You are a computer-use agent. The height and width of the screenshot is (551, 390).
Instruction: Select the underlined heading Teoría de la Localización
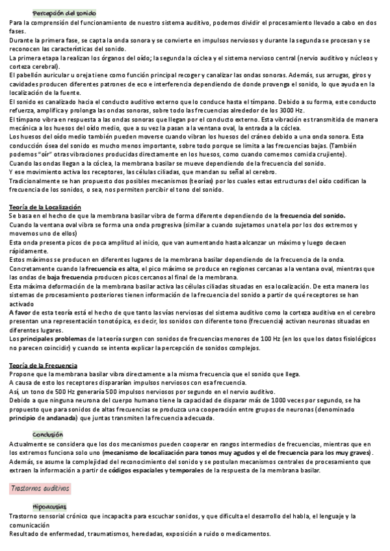click(x=45, y=207)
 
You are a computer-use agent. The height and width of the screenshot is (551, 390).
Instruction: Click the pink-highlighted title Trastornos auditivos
click(x=41, y=487)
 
